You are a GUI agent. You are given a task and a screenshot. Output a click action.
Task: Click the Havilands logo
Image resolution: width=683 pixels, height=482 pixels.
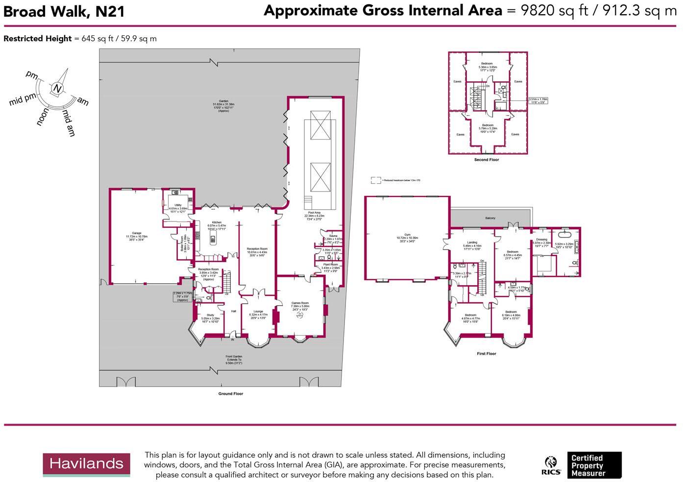point(86,464)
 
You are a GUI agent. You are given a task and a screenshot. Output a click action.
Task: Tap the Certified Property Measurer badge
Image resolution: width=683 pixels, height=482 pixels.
point(594,465)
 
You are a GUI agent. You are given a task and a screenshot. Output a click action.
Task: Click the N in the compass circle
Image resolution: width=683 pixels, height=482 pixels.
point(58,89)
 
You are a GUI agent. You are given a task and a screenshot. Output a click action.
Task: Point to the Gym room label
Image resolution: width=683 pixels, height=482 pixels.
point(407,235)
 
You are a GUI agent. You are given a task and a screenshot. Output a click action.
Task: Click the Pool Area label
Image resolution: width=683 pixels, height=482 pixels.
point(314,213)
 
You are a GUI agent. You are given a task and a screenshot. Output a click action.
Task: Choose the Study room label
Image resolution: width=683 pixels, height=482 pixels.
point(210,315)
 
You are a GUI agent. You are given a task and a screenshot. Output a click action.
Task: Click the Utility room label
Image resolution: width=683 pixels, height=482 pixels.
point(178,205)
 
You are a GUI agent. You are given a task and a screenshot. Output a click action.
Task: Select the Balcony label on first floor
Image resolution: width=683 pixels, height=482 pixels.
point(490,218)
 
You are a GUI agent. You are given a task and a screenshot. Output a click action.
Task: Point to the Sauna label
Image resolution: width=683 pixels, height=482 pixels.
point(333,236)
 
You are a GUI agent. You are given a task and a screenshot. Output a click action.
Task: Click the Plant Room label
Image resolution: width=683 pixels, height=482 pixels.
point(330,265)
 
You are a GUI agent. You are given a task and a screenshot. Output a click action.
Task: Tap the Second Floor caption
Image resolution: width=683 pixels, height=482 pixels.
point(487,160)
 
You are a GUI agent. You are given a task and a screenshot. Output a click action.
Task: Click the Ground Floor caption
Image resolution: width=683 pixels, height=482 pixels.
point(231,393)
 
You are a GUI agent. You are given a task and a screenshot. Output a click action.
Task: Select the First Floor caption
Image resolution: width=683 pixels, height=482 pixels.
point(487,353)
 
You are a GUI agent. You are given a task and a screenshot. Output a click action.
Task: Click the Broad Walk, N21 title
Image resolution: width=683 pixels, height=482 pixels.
point(64,12)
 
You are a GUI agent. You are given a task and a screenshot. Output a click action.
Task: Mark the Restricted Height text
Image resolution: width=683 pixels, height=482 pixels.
point(38,39)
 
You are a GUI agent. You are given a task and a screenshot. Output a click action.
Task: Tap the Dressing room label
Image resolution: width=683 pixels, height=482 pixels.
point(541,240)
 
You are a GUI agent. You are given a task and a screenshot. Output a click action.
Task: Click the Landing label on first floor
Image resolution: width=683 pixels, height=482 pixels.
point(472,242)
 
